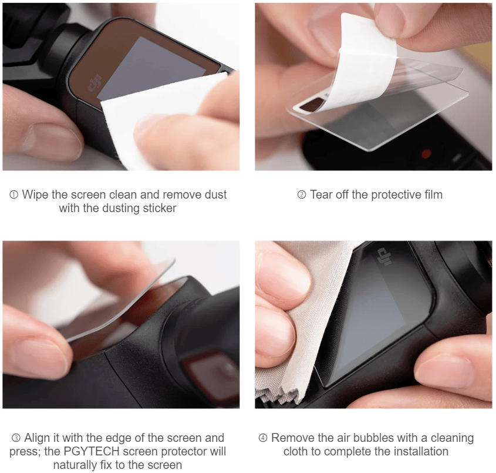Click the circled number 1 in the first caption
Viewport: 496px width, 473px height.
coord(14,195)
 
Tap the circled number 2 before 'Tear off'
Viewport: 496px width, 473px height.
coord(302,195)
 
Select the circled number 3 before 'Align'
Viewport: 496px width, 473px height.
coord(16,438)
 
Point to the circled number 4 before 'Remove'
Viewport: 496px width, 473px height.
coord(263,438)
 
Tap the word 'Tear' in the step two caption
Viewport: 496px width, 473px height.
coord(322,194)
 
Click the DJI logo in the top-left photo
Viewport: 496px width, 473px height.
coord(94,84)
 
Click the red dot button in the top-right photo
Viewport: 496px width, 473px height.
coord(426,154)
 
